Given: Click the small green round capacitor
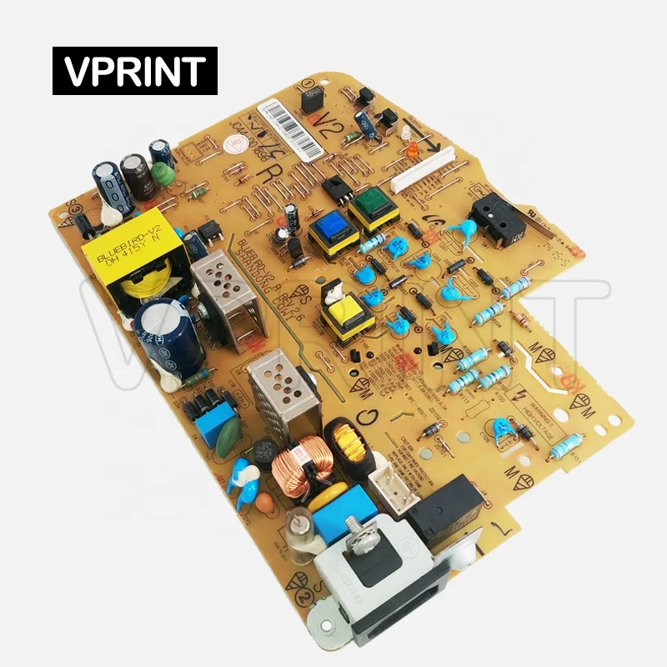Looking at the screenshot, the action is click(x=164, y=174).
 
